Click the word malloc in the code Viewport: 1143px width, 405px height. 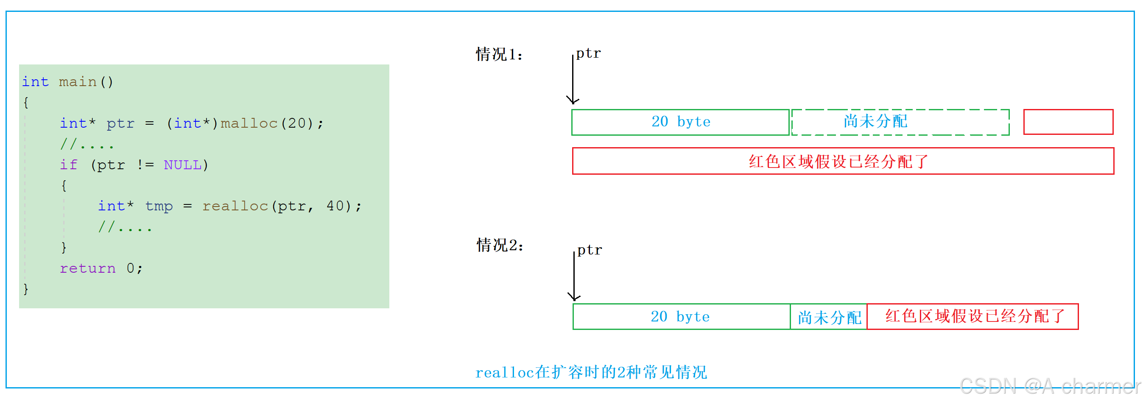pyautogui.click(x=249, y=123)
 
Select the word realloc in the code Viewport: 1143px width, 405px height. pyautogui.click(x=235, y=206)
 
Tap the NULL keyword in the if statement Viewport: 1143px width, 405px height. pyautogui.click(x=183, y=165)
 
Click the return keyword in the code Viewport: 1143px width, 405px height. pyautogui.click(x=87, y=268)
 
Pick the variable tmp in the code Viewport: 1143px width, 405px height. pyautogui.click(x=159, y=206)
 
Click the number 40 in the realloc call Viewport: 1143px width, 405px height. pyautogui.click(x=335, y=206)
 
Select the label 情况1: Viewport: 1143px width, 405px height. pyautogui.click(x=499, y=54)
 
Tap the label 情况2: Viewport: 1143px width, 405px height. pyautogui.click(x=500, y=245)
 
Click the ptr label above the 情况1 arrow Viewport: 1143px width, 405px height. pyautogui.click(x=588, y=54)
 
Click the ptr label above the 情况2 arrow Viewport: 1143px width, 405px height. pyautogui.click(x=590, y=250)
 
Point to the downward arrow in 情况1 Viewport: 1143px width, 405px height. pyautogui.click(x=573, y=79)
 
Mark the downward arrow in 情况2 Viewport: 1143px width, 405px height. pyautogui.click(x=574, y=277)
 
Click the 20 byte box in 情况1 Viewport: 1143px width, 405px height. pyautogui.click(x=681, y=122)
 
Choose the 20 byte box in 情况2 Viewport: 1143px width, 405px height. pyautogui.click(x=682, y=317)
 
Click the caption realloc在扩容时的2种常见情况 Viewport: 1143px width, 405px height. pyautogui.click(x=591, y=372)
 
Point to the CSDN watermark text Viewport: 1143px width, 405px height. pyautogui.click(x=1050, y=386)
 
